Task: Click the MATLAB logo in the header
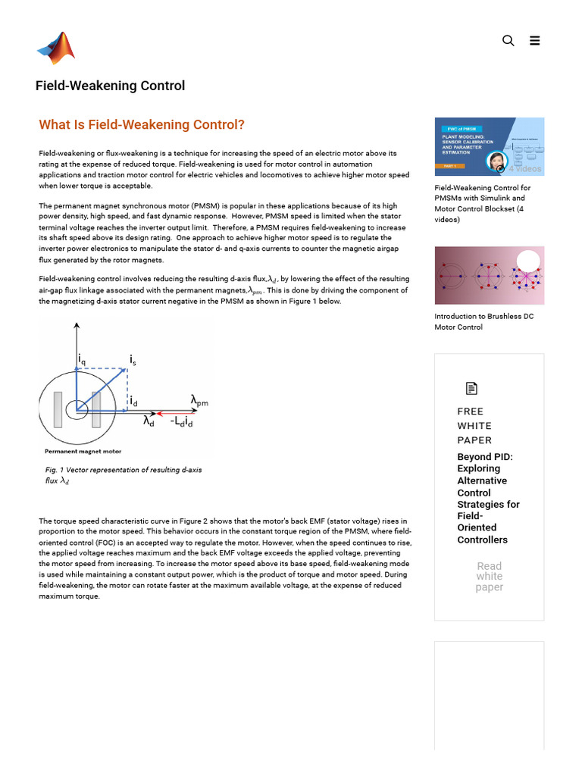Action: (56, 48)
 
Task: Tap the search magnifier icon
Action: (508, 41)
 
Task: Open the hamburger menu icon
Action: (535, 41)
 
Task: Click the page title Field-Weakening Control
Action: (110, 86)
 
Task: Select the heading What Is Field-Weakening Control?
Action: (142, 125)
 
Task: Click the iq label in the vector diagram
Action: (82, 361)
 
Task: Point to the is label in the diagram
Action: (133, 358)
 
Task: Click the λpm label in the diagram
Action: (199, 400)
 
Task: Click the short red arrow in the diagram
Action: (161, 414)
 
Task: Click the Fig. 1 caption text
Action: (123, 475)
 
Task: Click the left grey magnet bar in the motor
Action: (58, 409)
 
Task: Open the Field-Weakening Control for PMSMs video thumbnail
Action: (489, 146)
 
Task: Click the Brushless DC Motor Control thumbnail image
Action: (489, 275)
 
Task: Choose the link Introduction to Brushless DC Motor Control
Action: (483, 321)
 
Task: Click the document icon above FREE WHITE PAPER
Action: (471, 389)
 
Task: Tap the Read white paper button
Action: (489, 577)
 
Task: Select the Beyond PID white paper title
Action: (488, 498)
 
